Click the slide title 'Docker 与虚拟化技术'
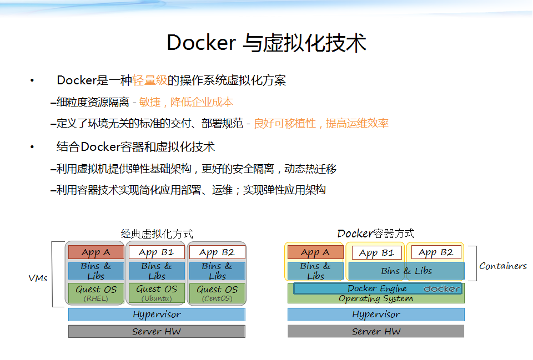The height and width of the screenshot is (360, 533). tap(266, 43)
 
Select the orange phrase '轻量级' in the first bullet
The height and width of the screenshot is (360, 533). tap(149, 80)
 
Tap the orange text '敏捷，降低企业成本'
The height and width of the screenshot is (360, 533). tap(186, 102)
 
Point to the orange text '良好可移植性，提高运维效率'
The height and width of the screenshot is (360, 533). tap(321, 123)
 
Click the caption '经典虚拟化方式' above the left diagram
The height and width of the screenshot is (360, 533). tap(157, 234)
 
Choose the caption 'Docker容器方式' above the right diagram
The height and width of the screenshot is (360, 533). tap(376, 234)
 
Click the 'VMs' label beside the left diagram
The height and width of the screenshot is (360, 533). tap(38, 278)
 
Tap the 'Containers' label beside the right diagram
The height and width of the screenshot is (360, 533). tap(503, 266)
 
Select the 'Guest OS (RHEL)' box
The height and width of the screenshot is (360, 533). tap(96, 293)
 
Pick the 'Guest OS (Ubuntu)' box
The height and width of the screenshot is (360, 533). tap(157, 293)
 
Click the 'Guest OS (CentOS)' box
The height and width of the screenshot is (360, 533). tap(217, 293)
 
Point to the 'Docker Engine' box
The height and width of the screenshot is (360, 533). tap(378, 288)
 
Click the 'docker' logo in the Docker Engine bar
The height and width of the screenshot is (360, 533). tap(442, 288)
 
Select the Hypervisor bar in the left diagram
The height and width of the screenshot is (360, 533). tap(157, 315)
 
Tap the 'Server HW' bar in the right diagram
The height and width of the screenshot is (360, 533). tap(376, 331)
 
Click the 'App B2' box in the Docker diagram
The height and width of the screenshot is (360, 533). tap(436, 252)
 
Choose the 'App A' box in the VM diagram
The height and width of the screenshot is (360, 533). tap(96, 252)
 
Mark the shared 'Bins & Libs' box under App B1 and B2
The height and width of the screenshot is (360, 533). tap(406, 271)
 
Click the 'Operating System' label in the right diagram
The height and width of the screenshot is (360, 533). tap(376, 299)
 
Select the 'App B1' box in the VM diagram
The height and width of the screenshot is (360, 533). tap(157, 252)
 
